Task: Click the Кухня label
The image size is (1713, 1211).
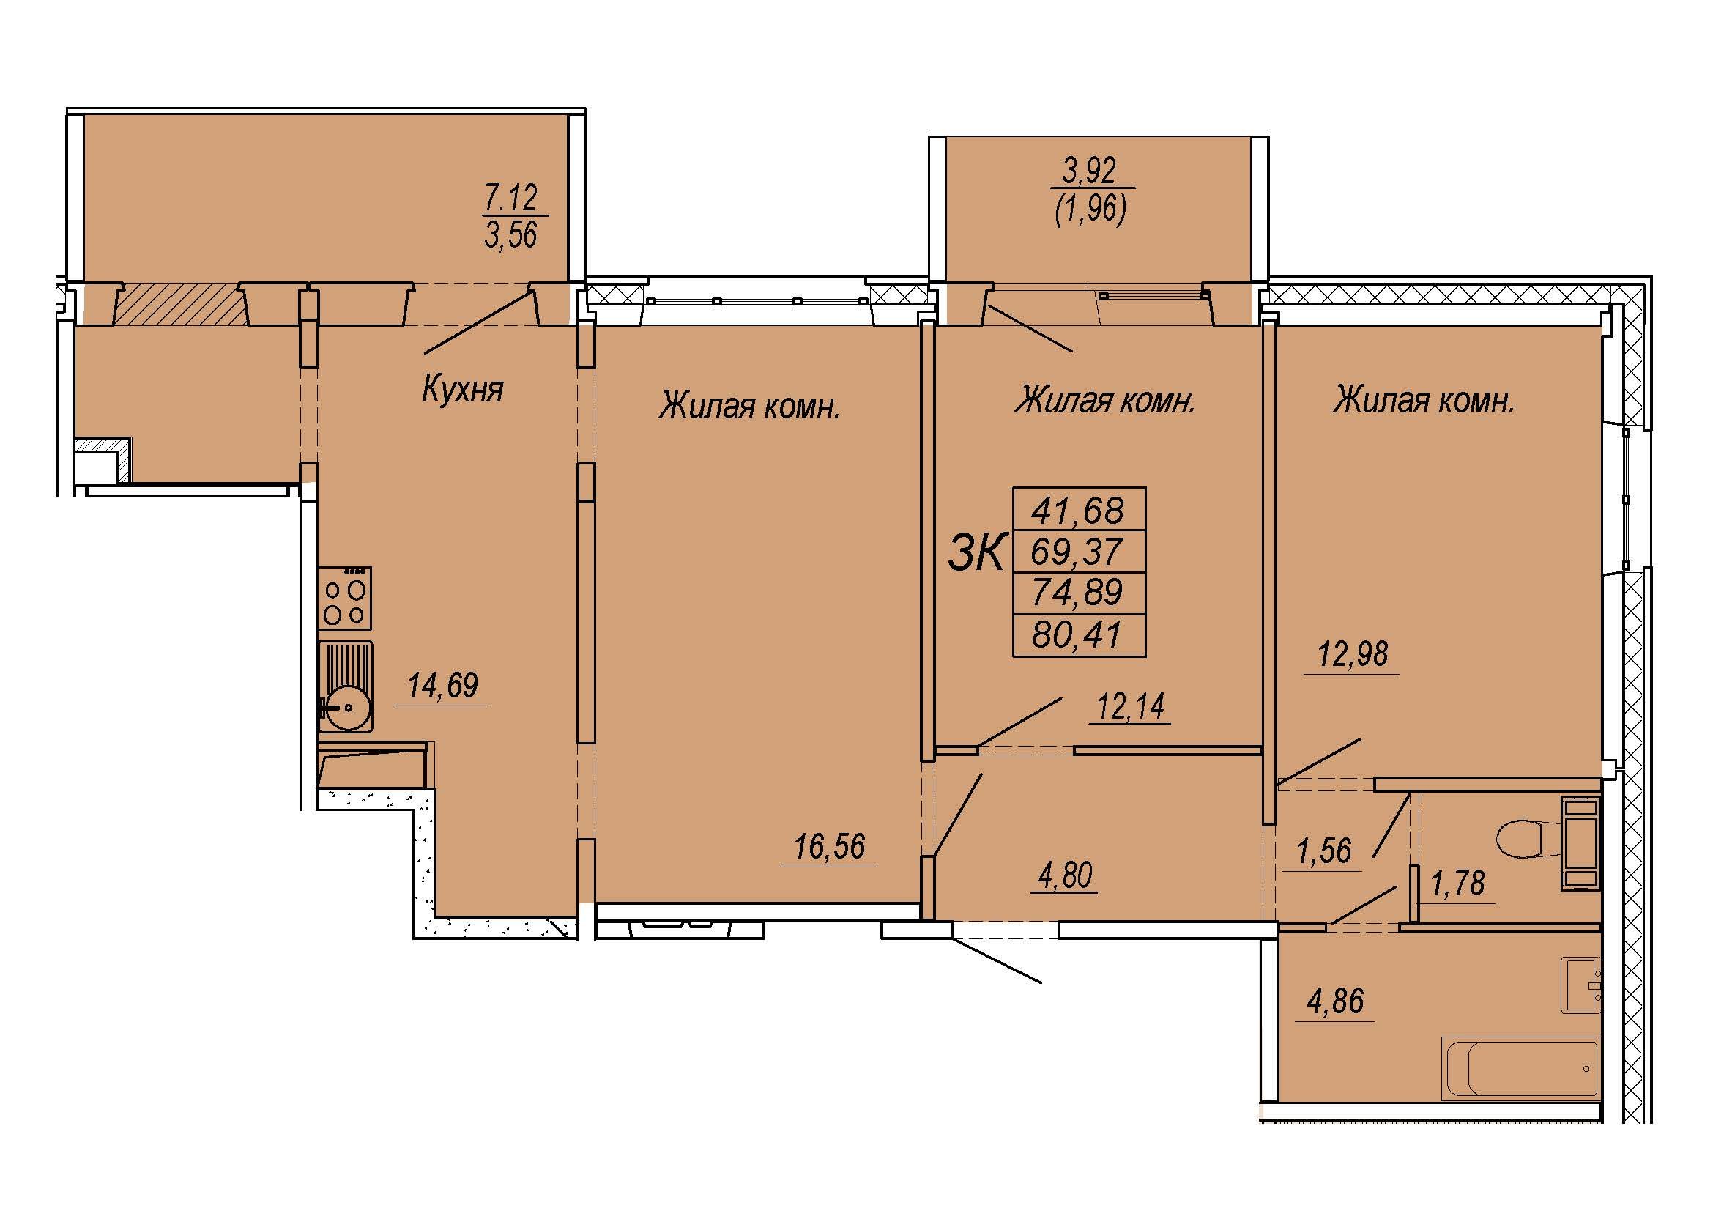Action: point(463,389)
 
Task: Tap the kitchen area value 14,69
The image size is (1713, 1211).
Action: point(442,685)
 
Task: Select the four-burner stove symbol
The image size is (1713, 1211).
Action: point(345,598)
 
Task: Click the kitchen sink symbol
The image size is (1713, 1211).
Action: point(345,686)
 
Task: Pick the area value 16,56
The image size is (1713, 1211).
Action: point(829,847)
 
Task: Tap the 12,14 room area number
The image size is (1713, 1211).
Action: point(1130,706)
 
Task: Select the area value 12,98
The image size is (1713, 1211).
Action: point(1353,654)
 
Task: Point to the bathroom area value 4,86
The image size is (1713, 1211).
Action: point(1336,1001)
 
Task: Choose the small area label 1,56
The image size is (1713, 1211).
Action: point(1324,851)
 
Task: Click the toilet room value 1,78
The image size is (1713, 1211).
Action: point(1458,884)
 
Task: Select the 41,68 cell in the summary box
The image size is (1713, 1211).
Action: point(1077,511)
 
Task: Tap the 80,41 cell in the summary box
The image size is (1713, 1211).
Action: point(1077,635)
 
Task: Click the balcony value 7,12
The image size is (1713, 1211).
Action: point(511,199)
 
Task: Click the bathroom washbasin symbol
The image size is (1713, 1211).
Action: point(1581,985)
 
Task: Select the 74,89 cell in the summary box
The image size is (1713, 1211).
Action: point(1077,593)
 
